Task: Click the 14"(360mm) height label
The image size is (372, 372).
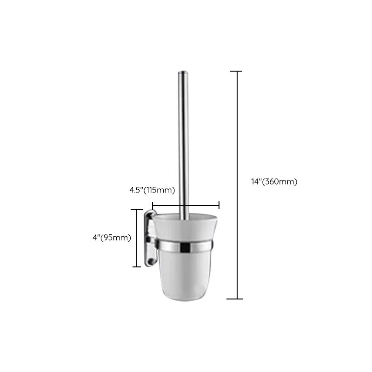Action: click(x=273, y=182)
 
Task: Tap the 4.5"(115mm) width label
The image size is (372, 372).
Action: click(x=152, y=190)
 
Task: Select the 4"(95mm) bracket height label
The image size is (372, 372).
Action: click(x=112, y=238)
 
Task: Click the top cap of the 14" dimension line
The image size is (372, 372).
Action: click(x=236, y=71)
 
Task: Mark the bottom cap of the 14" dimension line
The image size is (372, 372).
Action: click(x=236, y=299)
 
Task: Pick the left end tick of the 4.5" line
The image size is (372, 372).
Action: click(x=153, y=205)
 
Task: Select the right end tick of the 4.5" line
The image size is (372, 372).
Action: click(x=219, y=205)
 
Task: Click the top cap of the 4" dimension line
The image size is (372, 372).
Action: click(x=136, y=210)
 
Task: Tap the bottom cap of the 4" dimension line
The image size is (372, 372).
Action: click(x=136, y=266)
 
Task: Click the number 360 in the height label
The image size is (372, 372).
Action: click(x=272, y=182)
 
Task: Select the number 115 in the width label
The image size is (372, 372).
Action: click(x=154, y=190)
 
